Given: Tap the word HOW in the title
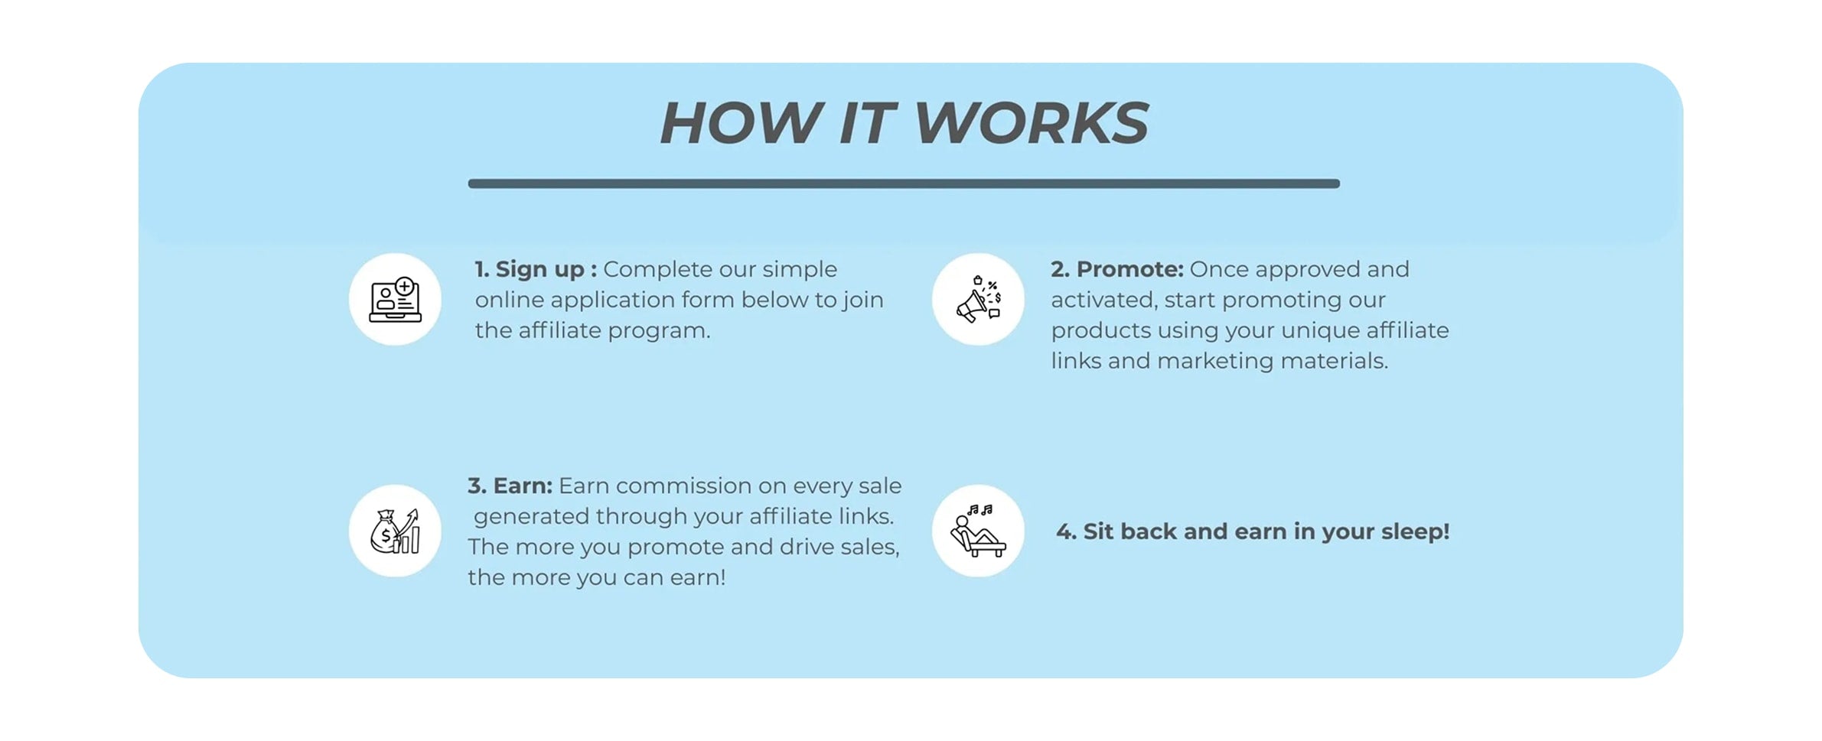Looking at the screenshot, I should click(x=738, y=123).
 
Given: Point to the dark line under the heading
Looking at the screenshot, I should click(x=903, y=184).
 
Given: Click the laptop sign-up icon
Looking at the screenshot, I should click(x=395, y=300).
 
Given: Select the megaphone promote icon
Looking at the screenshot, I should click(x=977, y=300).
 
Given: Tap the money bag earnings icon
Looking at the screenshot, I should click(x=395, y=531).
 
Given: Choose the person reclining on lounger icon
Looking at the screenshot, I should click(x=977, y=531).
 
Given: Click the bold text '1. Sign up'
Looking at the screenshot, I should click(x=530, y=269).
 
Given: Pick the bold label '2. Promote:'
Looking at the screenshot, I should click(x=1116, y=269).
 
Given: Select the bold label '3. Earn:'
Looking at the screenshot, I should click(x=510, y=486).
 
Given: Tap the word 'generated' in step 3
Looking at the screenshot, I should click(x=531, y=516).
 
